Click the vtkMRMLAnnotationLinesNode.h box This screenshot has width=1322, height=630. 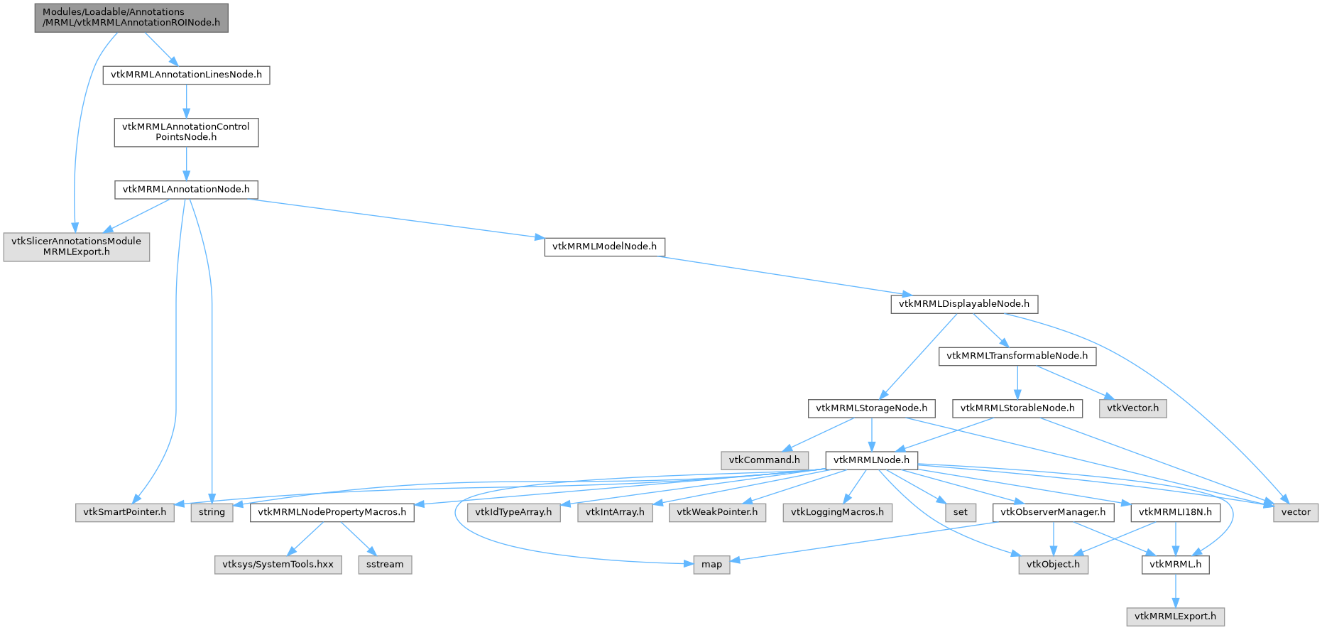pyautogui.click(x=186, y=75)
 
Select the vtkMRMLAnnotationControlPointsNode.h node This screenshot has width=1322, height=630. pyautogui.click(x=186, y=132)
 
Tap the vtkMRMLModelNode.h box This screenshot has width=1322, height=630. pyautogui.click(x=604, y=246)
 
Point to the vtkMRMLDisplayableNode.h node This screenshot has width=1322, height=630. pyautogui.click(x=963, y=304)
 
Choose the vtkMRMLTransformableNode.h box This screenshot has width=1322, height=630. pyautogui.click(x=1017, y=356)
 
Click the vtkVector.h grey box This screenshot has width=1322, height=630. pyautogui.click(x=1132, y=408)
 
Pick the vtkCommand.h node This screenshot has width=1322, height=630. pyautogui.click(x=764, y=460)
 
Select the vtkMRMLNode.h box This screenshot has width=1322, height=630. pyautogui.click(x=871, y=460)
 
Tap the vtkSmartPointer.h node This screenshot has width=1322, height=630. pyautogui.click(x=125, y=512)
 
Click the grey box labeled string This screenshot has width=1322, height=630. pyautogui.click(x=212, y=512)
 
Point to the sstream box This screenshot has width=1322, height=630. pyautogui.click(x=385, y=565)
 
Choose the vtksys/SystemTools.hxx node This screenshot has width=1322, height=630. pyautogui.click(x=278, y=565)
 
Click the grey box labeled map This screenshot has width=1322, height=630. pyautogui.click(x=711, y=565)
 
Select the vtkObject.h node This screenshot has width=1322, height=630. pyautogui.click(x=1053, y=565)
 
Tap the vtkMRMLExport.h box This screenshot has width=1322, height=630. pyautogui.click(x=1175, y=617)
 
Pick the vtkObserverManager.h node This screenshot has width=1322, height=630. pyautogui.click(x=1053, y=512)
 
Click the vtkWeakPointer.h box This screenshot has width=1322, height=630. pyautogui.click(x=717, y=512)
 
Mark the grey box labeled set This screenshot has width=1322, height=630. pyautogui.click(x=960, y=512)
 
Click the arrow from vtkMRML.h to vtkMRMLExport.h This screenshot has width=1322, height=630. pyautogui.click(x=1175, y=590)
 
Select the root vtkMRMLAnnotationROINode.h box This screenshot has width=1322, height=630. pyautogui.click(x=131, y=17)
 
